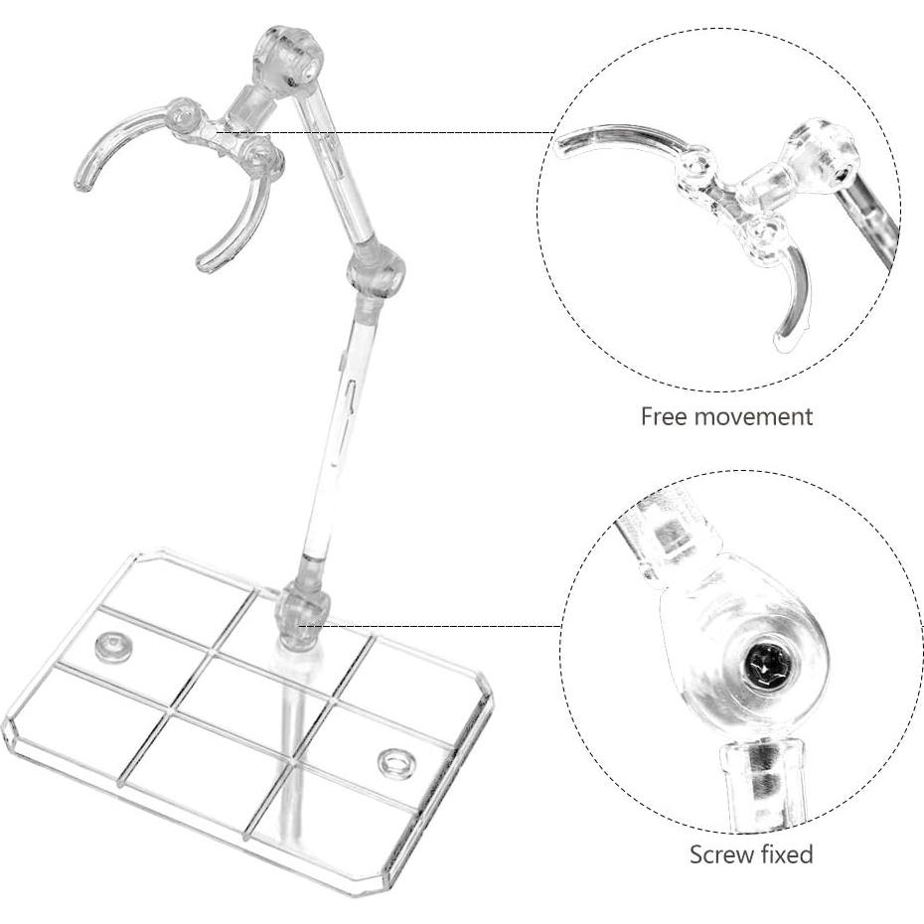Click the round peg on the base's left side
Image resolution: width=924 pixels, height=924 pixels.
tap(112, 648)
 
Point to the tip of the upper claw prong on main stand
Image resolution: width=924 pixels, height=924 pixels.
tap(80, 184)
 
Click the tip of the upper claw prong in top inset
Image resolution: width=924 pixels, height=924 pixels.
tap(562, 147)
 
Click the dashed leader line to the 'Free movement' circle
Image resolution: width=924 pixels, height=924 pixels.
tap(417, 132)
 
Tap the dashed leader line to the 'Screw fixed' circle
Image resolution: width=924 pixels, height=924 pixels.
tap(447, 626)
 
